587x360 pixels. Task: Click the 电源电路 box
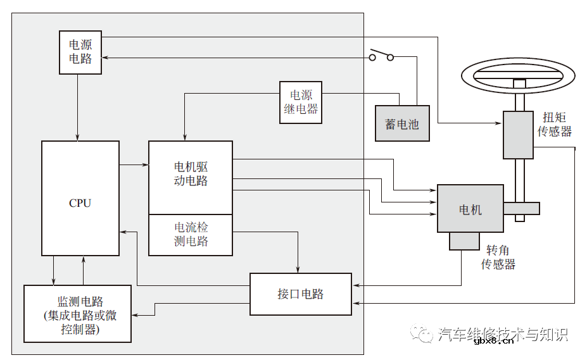point(80,53)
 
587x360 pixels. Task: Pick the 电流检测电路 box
point(190,235)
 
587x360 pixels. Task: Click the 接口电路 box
point(300,294)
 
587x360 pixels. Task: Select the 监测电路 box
point(77,314)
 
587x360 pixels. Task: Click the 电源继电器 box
point(300,102)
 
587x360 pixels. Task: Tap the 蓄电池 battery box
point(402,123)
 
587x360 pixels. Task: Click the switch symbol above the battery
point(381,56)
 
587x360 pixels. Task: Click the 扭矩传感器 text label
point(555,124)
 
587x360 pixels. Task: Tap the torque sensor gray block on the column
point(518,135)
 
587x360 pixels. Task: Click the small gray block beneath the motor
point(464,240)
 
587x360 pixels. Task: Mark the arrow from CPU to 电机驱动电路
point(134,166)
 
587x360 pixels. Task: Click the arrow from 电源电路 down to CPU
point(77,108)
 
